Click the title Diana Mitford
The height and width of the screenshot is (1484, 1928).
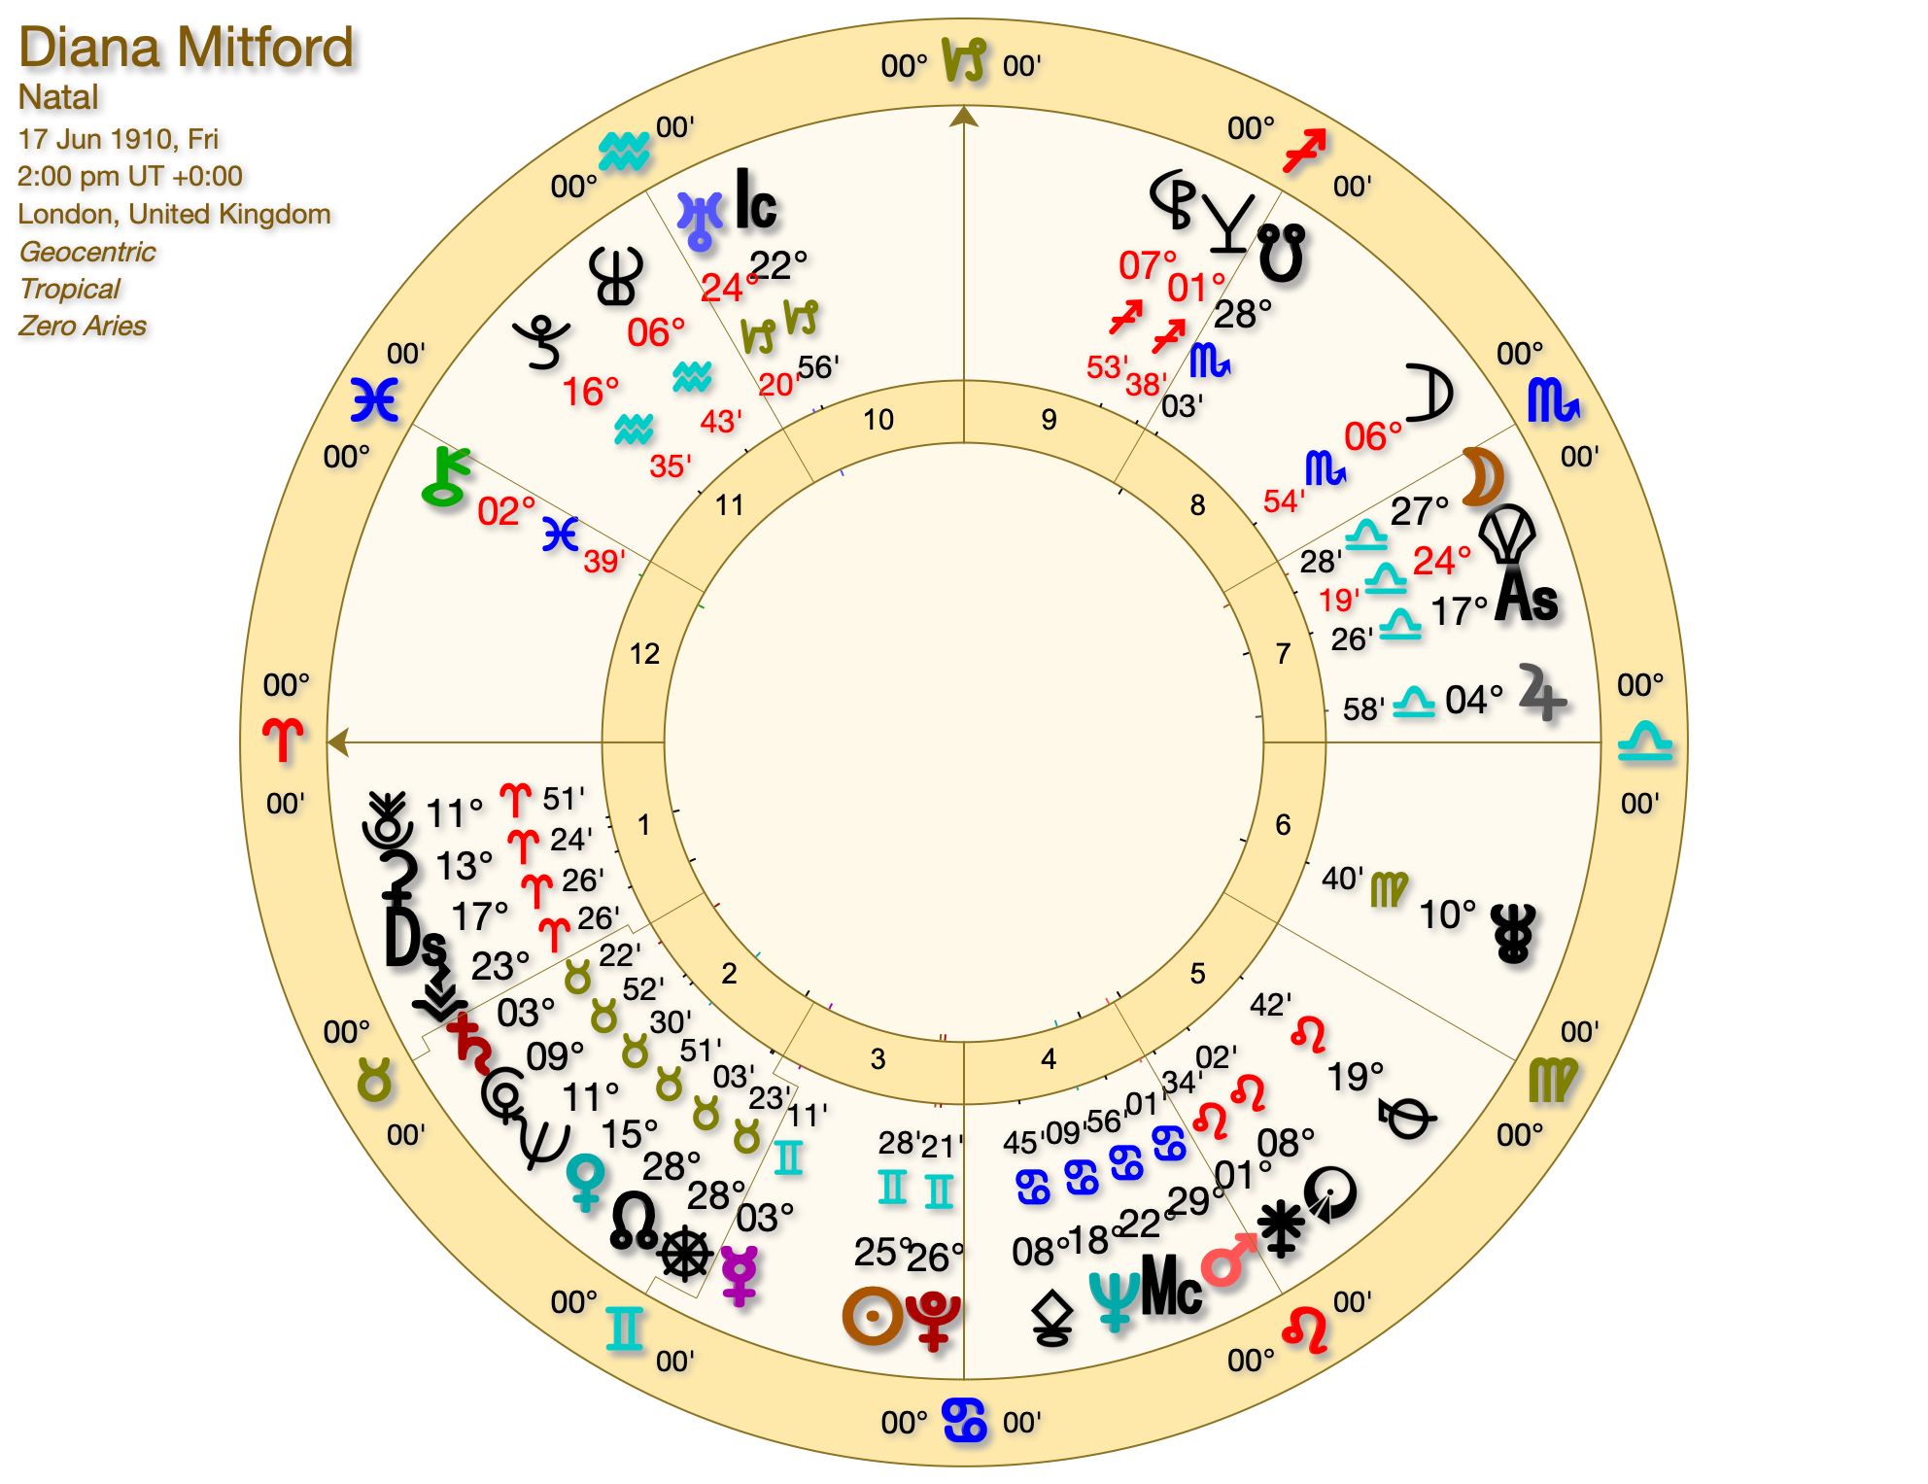tap(187, 48)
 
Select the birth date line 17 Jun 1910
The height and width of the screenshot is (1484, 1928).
tap(118, 139)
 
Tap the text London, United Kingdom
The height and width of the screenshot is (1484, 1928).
tap(174, 214)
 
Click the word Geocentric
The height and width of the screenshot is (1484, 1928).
tap(87, 252)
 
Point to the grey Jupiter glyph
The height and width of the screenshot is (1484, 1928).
tap(1541, 693)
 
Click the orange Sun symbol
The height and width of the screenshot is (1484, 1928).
tap(872, 1316)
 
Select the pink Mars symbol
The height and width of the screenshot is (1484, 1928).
tap(1228, 1260)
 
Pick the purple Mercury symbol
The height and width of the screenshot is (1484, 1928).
tap(740, 1275)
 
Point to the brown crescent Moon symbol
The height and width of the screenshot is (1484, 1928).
tap(1484, 477)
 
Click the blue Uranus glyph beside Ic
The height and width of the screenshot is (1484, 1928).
tap(700, 220)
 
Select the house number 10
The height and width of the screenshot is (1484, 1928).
tap(878, 420)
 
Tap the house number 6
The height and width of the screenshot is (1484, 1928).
tap(1283, 825)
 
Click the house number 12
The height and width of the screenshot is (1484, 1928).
tap(644, 654)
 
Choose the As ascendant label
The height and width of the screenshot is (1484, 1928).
tap(1527, 595)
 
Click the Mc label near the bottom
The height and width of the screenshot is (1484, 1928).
tap(1171, 1285)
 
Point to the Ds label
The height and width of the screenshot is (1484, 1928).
tap(415, 939)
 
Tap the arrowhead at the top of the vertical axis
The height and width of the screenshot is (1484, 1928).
tap(963, 117)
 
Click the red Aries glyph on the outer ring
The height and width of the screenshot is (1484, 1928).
tap(283, 741)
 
